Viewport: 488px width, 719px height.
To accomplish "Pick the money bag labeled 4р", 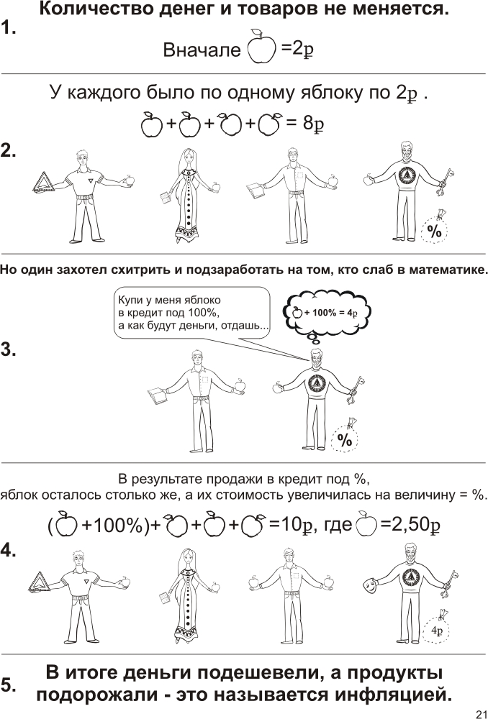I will pos(437,628).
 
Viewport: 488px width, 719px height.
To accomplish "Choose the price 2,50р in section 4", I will pos(410,525).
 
